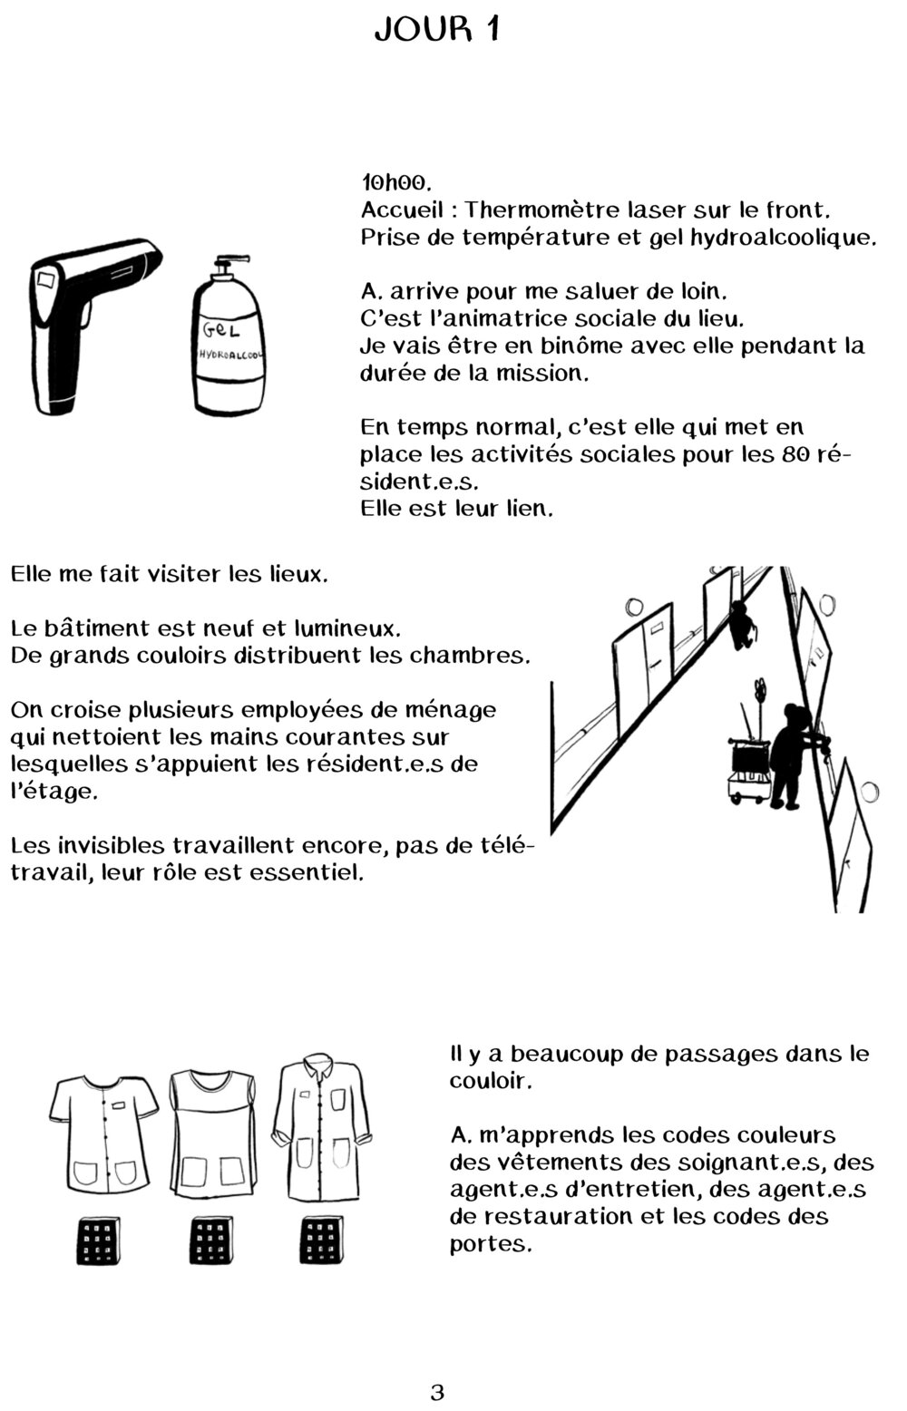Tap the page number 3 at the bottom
pyautogui.click(x=437, y=1391)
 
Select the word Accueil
pyautogui.click(x=403, y=209)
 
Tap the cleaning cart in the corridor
pyautogui.click(x=750, y=766)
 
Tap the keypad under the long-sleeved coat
pyautogui.click(x=320, y=1241)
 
